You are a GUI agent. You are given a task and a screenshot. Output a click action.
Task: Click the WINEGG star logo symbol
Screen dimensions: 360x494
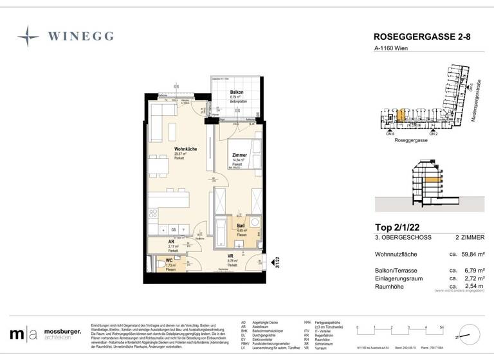28,37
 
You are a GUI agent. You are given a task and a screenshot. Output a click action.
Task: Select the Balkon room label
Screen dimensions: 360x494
237,93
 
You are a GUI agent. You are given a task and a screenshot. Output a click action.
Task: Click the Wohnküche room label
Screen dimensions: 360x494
185,149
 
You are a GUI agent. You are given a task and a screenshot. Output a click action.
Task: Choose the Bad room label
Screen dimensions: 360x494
240,226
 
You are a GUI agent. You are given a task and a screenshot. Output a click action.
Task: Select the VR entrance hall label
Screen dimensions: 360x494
230,256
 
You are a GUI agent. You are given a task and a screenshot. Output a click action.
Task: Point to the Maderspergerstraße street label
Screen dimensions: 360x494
479,100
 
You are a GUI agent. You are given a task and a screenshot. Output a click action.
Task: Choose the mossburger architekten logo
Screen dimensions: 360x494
46,334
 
